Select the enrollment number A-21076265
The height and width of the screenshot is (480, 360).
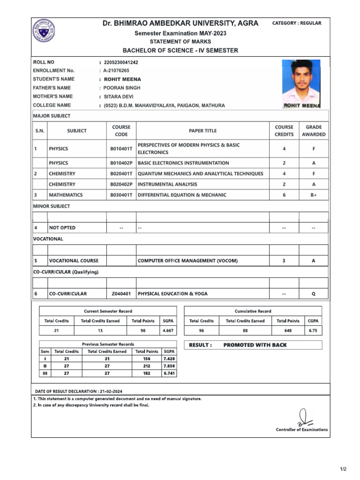117,71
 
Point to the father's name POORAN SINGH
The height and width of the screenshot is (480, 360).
122,88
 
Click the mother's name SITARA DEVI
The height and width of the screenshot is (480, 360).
119,97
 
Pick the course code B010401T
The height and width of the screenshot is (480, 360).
121,149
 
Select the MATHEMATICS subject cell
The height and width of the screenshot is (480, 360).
66,195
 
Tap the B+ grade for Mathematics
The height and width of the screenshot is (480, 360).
314,195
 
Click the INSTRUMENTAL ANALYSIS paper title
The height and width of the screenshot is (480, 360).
167,185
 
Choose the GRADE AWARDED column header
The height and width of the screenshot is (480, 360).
314,131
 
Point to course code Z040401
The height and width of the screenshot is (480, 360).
121,294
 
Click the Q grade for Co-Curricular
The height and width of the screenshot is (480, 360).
314,294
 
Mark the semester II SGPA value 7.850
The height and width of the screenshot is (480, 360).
169,366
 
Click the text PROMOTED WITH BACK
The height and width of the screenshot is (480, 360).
255,345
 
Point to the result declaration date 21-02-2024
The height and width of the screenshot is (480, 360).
111,391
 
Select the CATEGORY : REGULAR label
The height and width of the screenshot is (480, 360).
297,23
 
